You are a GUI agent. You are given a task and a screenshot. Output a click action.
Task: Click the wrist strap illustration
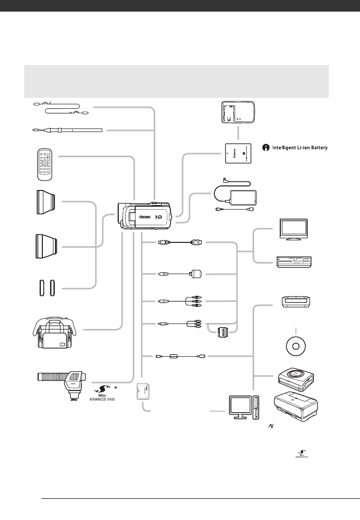pyautogui.click(x=66, y=131)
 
